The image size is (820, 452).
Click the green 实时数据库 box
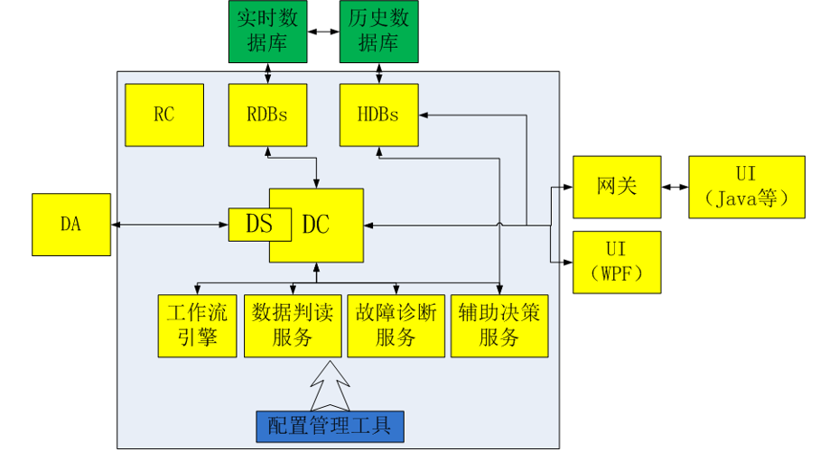268,32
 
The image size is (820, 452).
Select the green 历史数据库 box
379,32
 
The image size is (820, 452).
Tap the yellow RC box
164,115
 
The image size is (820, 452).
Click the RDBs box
268,115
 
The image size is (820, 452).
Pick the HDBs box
379,115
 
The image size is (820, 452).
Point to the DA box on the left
70,225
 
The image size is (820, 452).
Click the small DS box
258,225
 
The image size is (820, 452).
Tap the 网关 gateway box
617,187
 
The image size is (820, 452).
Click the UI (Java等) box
746,187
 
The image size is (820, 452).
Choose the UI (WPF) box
617,262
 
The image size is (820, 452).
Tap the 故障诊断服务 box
396,326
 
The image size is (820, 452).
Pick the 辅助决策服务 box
499,326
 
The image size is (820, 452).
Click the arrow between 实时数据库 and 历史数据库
323,32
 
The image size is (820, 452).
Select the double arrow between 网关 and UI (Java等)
675,187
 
